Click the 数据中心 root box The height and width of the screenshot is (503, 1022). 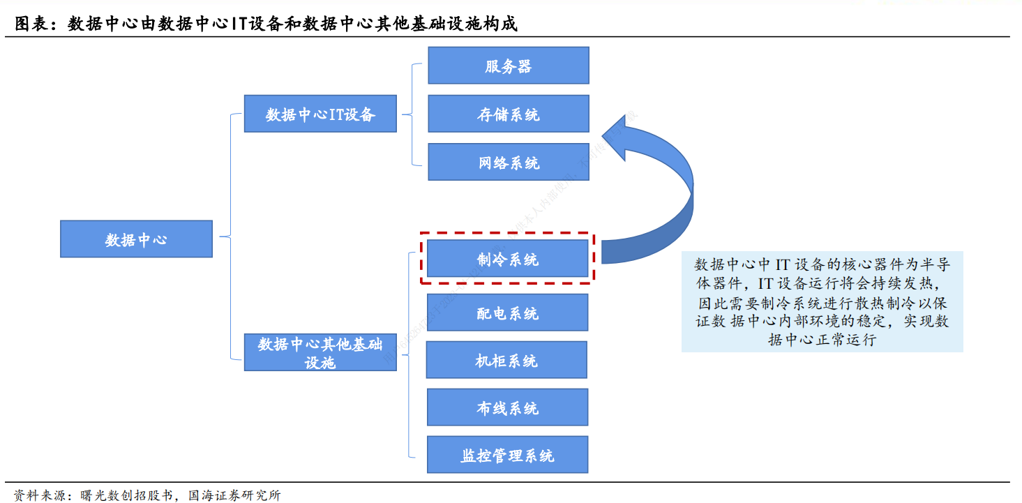(x=136, y=239)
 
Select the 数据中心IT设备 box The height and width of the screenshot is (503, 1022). (x=320, y=114)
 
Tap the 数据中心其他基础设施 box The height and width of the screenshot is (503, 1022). (x=320, y=352)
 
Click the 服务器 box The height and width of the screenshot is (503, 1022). (x=508, y=66)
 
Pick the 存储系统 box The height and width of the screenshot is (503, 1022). (x=508, y=114)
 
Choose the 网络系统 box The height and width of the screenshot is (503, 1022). (x=508, y=163)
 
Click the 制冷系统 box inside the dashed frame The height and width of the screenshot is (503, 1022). (x=507, y=259)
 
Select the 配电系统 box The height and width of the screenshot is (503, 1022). (x=507, y=313)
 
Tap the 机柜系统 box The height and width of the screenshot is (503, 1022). (x=506, y=360)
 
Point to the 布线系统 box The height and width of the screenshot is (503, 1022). (x=507, y=407)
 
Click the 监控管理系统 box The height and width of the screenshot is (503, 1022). (x=507, y=455)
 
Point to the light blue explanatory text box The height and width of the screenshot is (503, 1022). (x=822, y=301)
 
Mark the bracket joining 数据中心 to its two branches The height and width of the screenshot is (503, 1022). (x=230, y=237)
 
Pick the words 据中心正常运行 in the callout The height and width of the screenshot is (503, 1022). (x=822, y=340)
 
